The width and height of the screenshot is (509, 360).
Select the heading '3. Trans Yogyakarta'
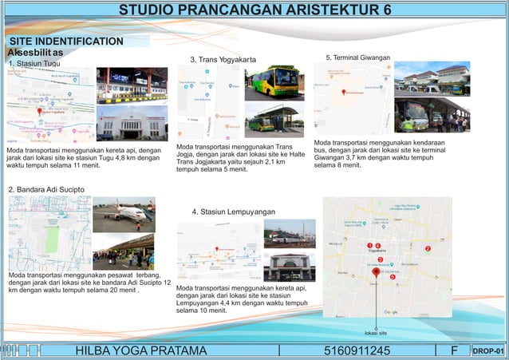point(223,60)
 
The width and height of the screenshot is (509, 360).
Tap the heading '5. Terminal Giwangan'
point(358,57)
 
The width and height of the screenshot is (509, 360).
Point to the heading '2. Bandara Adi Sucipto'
point(45,189)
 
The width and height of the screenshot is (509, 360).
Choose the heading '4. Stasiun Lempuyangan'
point(233,212)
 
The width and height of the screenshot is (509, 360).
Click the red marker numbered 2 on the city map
point(428,249)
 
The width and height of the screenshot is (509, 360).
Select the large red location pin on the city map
point(376,272)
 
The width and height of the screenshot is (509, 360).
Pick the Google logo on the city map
point(391,311)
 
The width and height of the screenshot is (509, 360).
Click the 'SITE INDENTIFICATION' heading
point(66,41)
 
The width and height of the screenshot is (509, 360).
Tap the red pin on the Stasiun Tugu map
point(40,112)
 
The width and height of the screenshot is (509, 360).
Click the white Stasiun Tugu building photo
point(132,124)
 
